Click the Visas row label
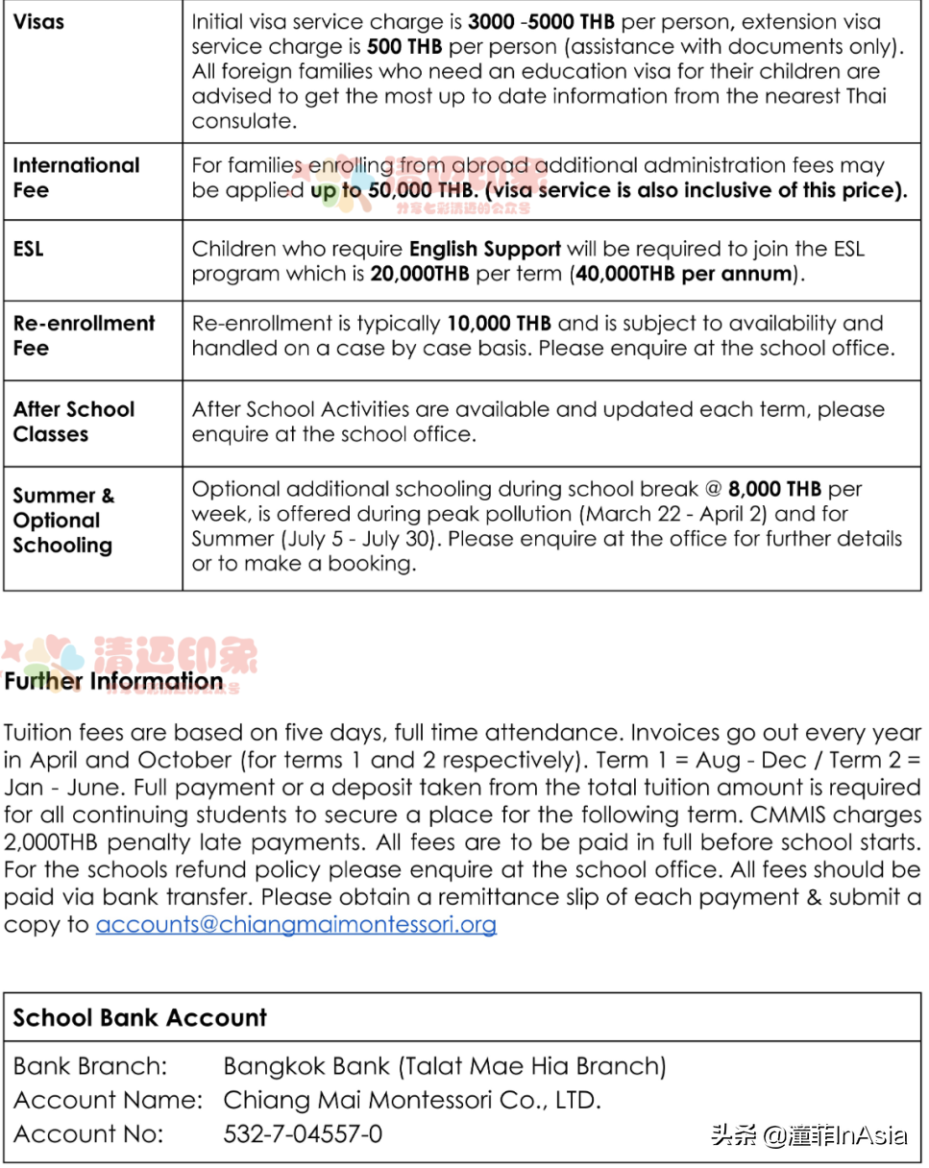[38, 20]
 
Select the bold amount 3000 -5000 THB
[540, 21]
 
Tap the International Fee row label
[76, 178]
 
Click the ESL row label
[28, 249]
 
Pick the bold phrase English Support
[484, 249]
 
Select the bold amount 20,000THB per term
[420, 274]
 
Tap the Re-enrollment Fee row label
[84, 335]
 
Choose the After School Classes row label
[73, 422]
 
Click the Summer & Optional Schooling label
[63, 521]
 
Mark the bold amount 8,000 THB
[775, 489]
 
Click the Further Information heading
[113, 682]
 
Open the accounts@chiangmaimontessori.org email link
[296, 925]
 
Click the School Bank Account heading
[140, 1018]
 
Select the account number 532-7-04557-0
[303, 1133]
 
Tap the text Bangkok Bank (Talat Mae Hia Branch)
[445, 1066]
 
